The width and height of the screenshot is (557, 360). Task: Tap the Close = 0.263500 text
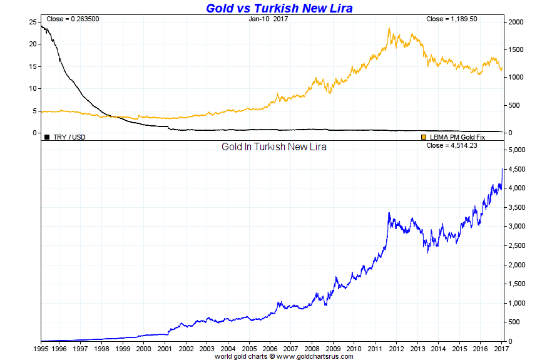[x=73, y=19]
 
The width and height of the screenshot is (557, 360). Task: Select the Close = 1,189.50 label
[x=452, y=19]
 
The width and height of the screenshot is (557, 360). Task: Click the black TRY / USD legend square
[x=47, y=136]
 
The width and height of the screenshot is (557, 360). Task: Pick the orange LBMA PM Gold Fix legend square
[x=424, y=136]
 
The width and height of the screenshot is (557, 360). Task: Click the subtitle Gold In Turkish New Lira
[x=274, y=147]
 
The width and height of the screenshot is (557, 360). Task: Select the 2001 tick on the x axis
[x=165, y=348]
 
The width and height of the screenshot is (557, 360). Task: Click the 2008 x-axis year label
[x=312, y=348]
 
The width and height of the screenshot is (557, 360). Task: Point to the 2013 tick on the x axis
[x=417, y=348]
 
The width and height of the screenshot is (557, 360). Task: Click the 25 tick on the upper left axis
[x=32, y=22]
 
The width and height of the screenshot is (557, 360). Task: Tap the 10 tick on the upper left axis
[x=32, y=88]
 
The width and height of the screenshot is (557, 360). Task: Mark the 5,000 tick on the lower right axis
[x=519, y=150]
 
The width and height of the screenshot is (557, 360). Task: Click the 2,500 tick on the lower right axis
[x=519, y=245]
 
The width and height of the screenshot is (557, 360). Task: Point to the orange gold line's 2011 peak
[x=389, y=28]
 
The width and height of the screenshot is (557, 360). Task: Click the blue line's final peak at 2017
[x=503, y=168]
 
